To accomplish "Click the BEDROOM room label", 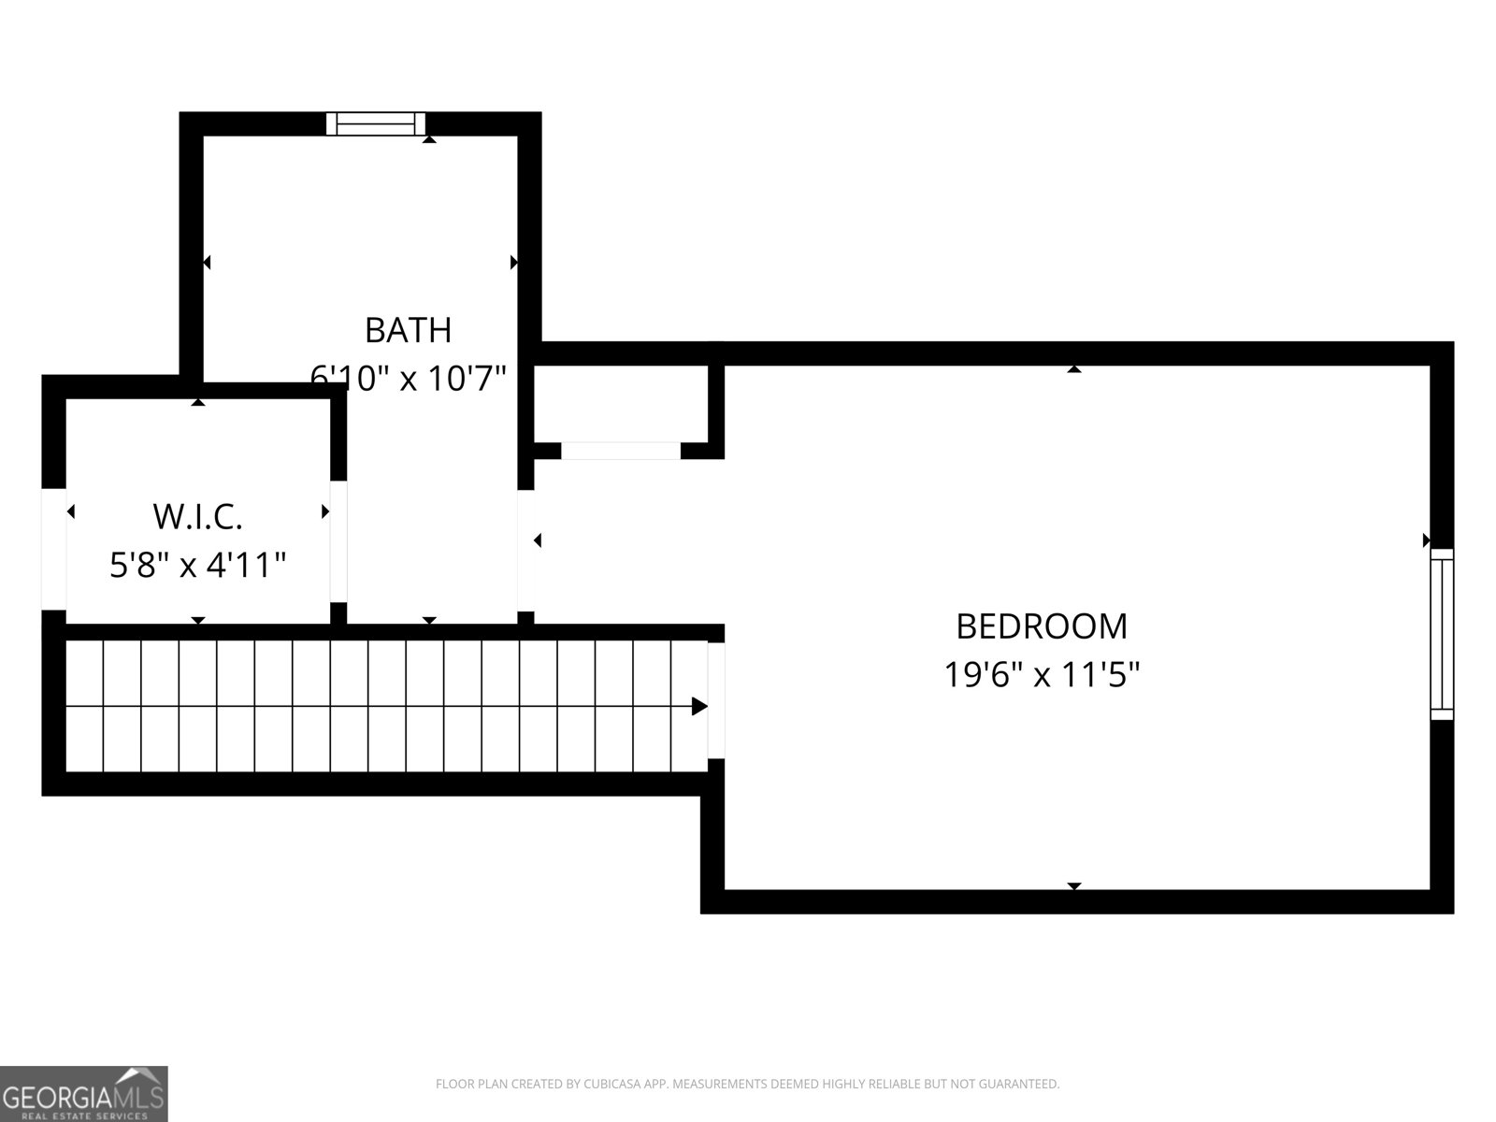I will point(1042,626).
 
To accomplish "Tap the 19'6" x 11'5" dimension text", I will point(1042,674).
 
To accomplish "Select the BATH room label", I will point(408,330).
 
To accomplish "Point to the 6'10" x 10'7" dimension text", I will point(408,378).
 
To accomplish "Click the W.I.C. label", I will point(197,515).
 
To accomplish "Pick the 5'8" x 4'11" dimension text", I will point(197,565).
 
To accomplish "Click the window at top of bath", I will point(376,123).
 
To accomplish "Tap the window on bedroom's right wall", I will point(1443,634).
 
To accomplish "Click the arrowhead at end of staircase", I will point(698,707).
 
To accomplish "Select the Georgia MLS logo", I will point(84,1093).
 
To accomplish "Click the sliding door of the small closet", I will point(621,451).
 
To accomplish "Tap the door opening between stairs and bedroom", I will point(716,699).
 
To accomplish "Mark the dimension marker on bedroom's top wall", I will point(1074,369).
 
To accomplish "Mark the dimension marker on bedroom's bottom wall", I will point(1074,885).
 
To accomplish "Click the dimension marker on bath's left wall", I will point(207,263).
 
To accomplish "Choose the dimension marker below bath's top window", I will point(429,139).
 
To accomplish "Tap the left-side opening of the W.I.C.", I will point(53,549).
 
